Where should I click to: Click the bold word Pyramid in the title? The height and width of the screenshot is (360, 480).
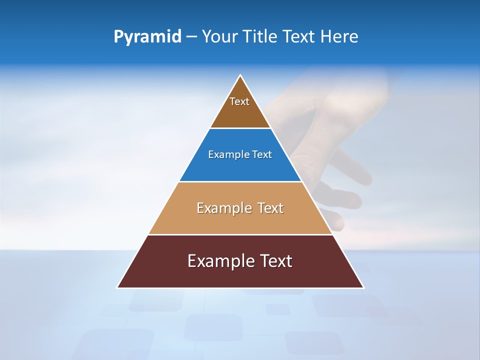point(147,37)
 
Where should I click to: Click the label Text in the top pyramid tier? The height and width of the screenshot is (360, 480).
point(239,101)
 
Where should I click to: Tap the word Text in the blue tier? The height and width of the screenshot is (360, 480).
point(262,155)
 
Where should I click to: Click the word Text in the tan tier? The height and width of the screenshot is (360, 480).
point(270,208)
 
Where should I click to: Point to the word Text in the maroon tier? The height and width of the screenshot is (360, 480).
point(275,261)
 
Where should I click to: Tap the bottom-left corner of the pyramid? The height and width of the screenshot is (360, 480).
point(117,287)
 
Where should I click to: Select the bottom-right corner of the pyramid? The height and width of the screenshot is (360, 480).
point(363,287)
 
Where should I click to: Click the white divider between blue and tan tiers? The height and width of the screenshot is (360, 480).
point(240,181)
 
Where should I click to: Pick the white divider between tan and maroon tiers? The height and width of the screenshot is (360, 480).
point(240,234)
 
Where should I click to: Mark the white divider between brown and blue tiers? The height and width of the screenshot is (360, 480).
point(240,128)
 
